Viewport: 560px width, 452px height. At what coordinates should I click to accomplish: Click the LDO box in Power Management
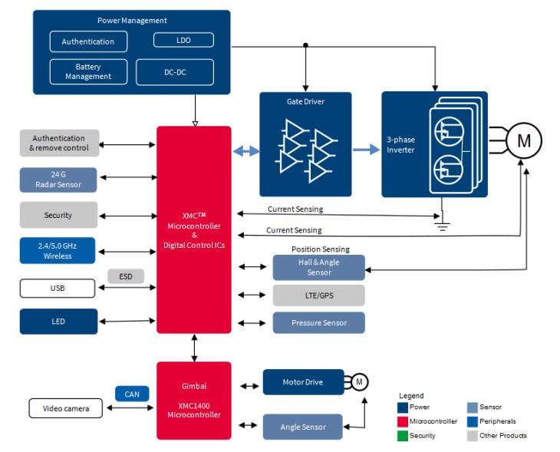point(183,40)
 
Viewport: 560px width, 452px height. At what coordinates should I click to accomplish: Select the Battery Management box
point(87,71)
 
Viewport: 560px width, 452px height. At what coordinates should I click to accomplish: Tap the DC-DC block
point(174,72)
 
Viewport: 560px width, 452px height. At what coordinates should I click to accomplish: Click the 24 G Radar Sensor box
point(58,180)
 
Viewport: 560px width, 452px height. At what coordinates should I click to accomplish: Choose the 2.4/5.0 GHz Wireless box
point(58,251)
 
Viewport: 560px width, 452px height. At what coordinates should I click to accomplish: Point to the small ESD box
point(126,276)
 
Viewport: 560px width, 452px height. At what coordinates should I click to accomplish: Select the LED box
point(58,322)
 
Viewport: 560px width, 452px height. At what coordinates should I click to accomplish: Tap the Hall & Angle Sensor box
point(318,268)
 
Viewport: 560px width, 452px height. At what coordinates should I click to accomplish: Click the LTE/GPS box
point(318,295)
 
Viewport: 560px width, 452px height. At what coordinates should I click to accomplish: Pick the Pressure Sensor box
point(318,323)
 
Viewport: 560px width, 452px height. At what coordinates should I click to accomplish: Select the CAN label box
point(132,394)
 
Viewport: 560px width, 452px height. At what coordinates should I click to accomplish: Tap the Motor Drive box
point(303,382)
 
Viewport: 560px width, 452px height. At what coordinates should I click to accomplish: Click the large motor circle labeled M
point(523,140)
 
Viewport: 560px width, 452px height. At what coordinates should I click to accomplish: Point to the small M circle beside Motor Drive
point(360,382)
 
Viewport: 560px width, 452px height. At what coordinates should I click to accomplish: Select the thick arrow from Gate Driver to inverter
point(367,151)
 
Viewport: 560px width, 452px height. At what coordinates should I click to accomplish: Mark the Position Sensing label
point(320,249)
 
